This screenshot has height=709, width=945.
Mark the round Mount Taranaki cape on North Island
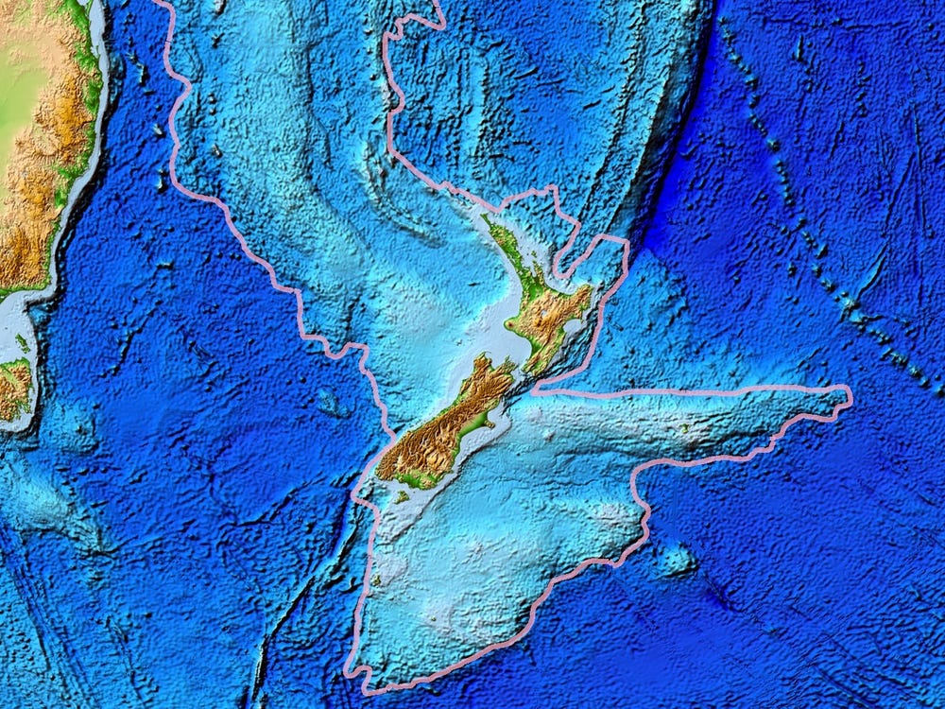coord(511,325)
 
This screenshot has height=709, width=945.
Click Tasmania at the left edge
coord(13,388)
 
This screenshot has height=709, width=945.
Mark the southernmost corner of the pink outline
coord(364,688)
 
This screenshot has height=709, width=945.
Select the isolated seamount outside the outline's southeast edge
coord(676,562)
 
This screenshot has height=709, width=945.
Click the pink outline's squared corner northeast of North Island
coord(626,241)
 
